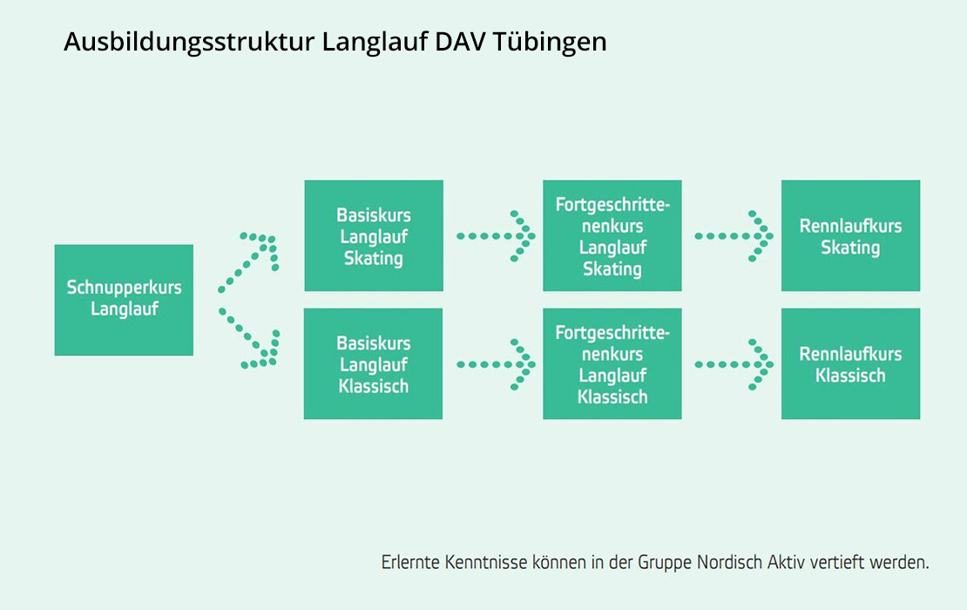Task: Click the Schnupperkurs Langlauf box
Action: click(124, 300)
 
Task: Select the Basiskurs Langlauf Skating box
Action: click(374, 235)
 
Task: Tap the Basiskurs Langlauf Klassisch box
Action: click(373, 364)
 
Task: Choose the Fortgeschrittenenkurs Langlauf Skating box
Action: click(612, 235)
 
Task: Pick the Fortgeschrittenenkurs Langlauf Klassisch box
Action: click(612, 364)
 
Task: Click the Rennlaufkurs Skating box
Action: click(850, 235)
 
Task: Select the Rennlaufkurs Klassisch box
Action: click(850, 364)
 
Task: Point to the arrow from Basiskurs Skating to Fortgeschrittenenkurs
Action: click(495, 236)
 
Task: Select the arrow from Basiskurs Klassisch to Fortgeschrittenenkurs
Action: click(495, 364)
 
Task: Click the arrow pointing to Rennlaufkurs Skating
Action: click(734, 236)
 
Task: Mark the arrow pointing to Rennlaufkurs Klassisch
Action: click(734, 364)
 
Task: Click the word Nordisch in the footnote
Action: click(729, 563)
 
